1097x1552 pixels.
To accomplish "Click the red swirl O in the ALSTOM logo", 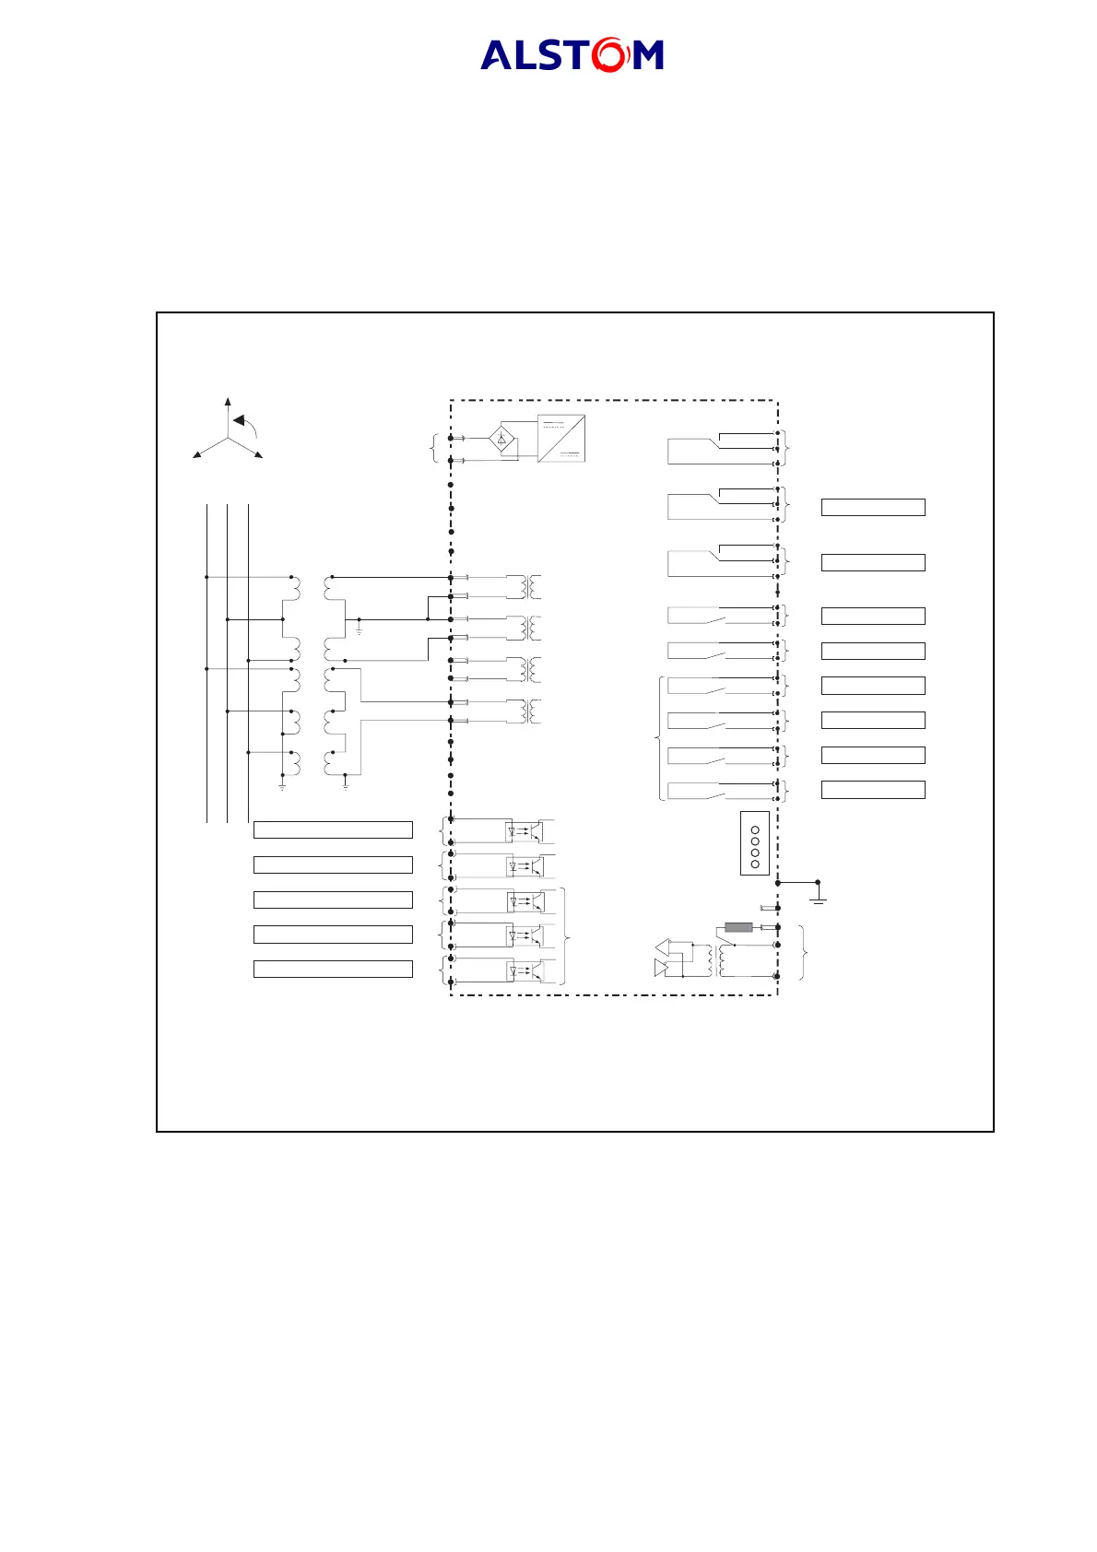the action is (608, 55).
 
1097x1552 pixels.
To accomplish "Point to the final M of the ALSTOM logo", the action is (647, 55).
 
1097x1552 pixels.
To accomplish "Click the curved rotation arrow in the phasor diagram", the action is (246, 426).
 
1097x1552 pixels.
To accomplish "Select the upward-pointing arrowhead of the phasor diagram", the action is (228, 403).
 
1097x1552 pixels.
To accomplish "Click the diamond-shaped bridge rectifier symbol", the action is (501, 439).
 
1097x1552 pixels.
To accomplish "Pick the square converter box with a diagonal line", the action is (561, 439).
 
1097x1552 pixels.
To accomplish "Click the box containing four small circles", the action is (755, 842).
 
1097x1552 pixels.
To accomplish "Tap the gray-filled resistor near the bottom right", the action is (738, 927).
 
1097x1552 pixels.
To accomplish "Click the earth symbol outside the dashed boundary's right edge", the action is (818, 893).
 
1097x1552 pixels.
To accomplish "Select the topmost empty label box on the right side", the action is (873, 507).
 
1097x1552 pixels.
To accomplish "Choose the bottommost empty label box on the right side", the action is (873, 790).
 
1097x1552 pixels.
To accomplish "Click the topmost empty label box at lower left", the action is (333, 829).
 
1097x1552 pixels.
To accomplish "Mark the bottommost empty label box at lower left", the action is (333, 969).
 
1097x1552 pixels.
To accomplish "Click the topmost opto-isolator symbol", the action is (525, 830).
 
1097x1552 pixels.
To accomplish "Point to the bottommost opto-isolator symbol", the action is (525, 971).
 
